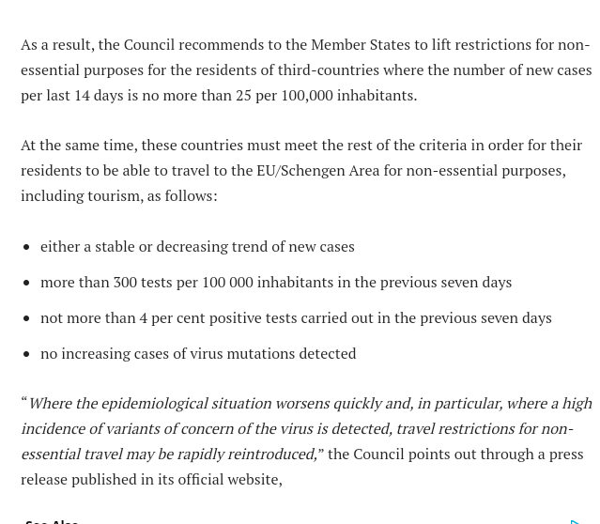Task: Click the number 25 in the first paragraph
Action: [243, 95]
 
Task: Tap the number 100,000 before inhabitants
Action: [306, 95]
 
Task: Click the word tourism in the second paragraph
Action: [113, 195]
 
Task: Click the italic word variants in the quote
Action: [131, 428]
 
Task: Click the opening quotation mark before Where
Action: [24, 402]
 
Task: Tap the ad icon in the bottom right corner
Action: [575, 519]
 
